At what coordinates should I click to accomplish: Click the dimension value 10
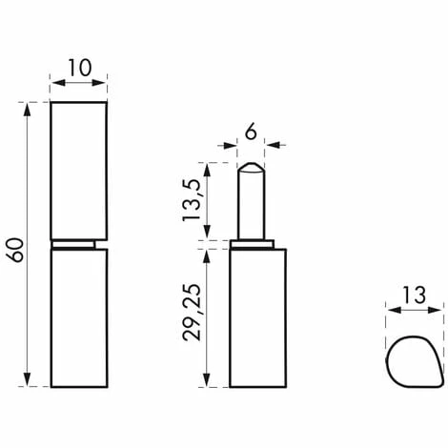pos(80,68)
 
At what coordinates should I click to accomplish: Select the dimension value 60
pos(16,250)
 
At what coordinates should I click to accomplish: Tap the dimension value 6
pos(251,132)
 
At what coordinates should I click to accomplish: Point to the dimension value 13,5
pos(192,200)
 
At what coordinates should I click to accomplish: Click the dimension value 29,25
pos(192,312)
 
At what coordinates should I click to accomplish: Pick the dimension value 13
pos(414,295)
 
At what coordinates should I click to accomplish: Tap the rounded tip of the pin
pos(251,167)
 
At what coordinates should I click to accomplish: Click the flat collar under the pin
pos(253,244)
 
